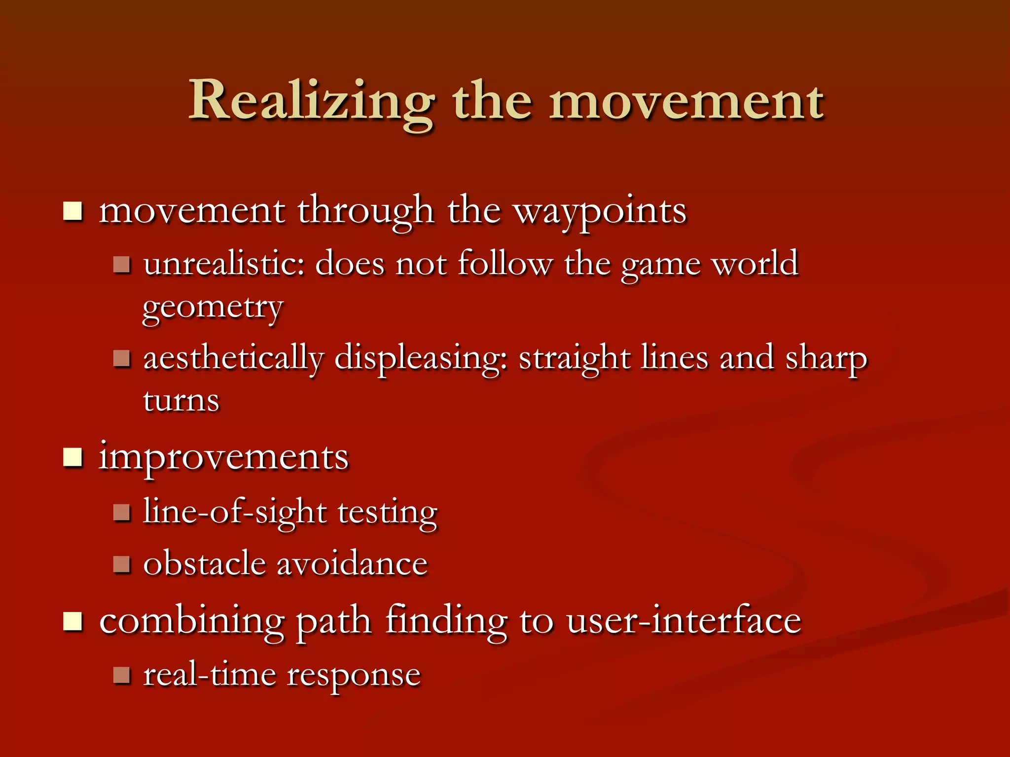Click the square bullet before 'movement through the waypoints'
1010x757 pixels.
tap(73, 212)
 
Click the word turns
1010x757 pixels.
tap(181, 400)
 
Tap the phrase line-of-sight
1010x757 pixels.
tap(235, 513)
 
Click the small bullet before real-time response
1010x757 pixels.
tap(121, 675)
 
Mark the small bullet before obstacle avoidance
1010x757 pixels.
tap(121, 564)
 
